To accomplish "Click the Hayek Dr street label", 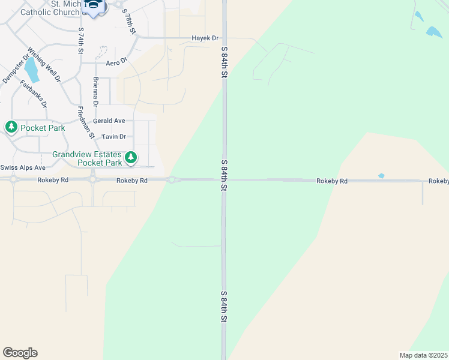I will pos(204,38).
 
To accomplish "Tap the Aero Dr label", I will pos(117,62).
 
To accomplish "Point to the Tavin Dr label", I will pos(113,137).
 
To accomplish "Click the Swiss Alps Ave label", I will pos(23,167).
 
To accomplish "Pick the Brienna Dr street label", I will pos(95,92).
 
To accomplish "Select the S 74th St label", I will pos(80,40).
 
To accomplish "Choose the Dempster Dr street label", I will pos(16,70).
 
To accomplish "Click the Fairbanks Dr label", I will pos(34,94).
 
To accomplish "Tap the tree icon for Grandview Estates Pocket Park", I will pos(130,158).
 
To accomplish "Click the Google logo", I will pos(20,353).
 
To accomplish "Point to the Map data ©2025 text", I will pos(423,355).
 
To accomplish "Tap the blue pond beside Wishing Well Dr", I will pos(32,70).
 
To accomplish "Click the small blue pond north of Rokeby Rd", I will pos(381,176).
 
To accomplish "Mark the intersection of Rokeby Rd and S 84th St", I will pos(224,179).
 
